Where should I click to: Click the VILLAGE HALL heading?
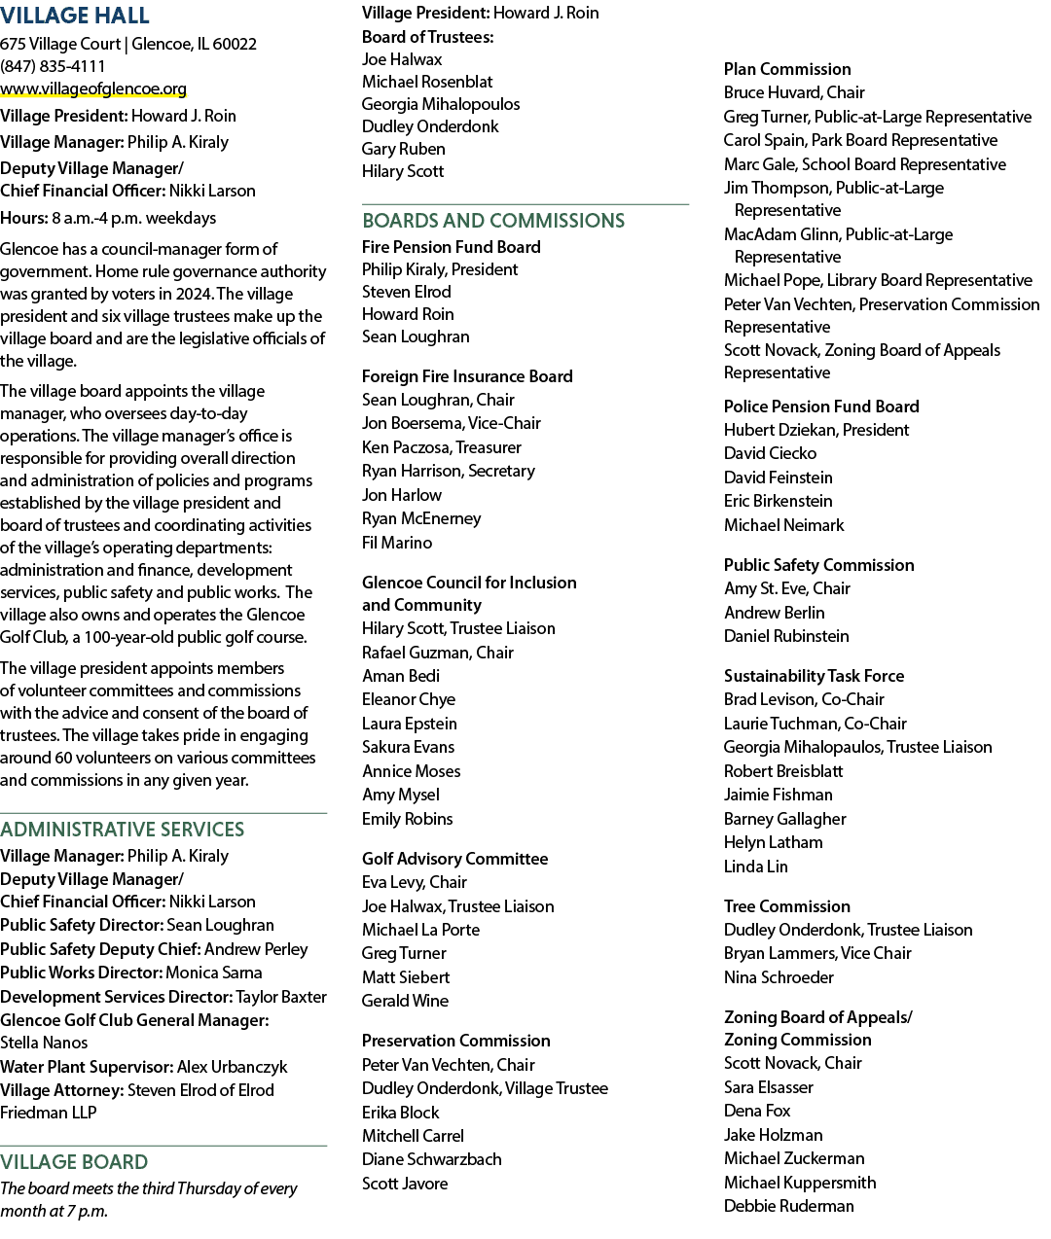[x=74, y=16]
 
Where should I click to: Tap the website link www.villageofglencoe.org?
[x=93, y=88]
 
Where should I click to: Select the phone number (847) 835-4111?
[x=53, y=66]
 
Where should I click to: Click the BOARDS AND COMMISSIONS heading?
[x=493, y=221]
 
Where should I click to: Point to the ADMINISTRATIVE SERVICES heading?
[x=123, y=830]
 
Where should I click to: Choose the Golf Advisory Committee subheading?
[x=454, y=859]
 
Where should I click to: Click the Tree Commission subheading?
[x=787, y=906]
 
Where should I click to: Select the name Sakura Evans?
[x=408, y=747]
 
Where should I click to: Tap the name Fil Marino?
[x=396, y=543]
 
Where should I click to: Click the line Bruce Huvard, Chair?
[x=794, y=92]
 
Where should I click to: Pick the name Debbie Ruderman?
[x=789, y=1206]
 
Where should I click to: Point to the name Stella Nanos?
[x=44, y=1043]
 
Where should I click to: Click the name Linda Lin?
[x=756, y=867]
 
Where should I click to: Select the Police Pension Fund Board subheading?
[x=821, y=407]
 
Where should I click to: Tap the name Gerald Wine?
[x=405, y=1001]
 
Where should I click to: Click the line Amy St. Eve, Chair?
[x=787, y=588]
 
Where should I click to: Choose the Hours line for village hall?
[x=108, y=218]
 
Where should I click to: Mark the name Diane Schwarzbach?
[x=432, y=1159]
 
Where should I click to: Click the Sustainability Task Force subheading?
[x=815, y=676]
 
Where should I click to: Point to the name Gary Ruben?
[x=403, y=149]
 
